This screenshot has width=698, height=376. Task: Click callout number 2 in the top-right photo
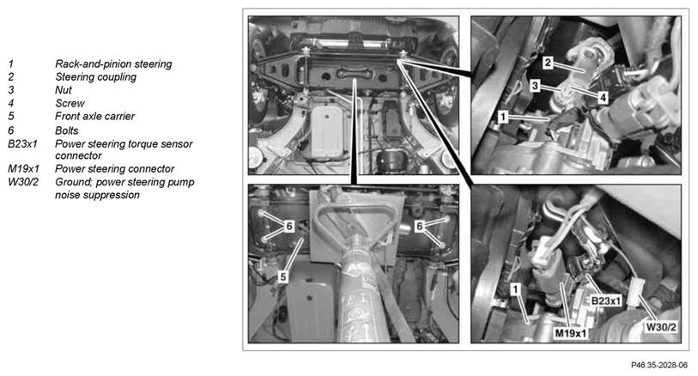[x=548, y=63]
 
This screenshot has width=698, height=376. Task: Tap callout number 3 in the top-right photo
[x=535, y=85]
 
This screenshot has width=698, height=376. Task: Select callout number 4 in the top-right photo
[x=603, y=98]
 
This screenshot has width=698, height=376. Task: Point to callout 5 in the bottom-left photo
[x=283, y=276]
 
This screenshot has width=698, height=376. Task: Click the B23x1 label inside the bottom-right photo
[x=606, y=300]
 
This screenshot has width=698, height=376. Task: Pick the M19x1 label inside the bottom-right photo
[x=571, y=333]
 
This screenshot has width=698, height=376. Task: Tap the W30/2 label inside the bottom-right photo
[x=661, y=327]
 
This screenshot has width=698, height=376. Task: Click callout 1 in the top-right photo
[x=502, y=117]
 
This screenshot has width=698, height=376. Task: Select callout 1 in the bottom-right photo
[x=515, y=289]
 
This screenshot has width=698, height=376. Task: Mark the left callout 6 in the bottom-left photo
[x=289, y=227]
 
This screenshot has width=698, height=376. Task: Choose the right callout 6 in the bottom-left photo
[x=419, y=227]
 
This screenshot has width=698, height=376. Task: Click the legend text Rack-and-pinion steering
[x=113, y=64]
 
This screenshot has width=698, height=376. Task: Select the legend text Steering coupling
[x=95, y=77]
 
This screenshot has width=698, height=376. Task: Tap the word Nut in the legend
[x=64, y=90]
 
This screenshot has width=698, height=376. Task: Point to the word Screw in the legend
[x=70, y=103]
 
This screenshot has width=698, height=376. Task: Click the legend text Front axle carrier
[x=94, y=116]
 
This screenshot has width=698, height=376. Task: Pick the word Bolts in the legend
[x=67, y=130]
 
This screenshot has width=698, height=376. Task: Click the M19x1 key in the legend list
[x=23, y=169]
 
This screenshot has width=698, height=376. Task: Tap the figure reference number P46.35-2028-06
[x=659, y=365]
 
